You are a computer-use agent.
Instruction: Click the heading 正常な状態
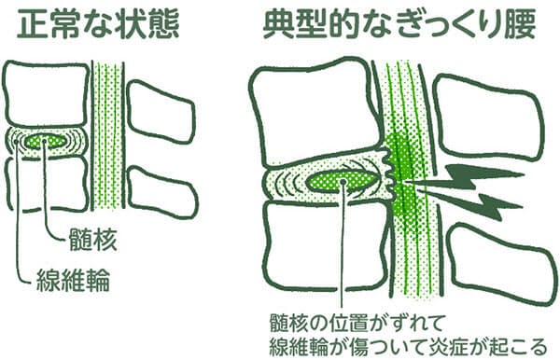(x=97, y=23)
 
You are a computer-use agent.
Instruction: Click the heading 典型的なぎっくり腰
(x=399, y=23)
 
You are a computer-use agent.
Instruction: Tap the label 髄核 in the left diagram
(x=92, y=239)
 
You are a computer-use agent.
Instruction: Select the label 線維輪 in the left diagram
(x=73, y=280)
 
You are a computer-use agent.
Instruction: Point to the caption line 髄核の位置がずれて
(x=357, y=323)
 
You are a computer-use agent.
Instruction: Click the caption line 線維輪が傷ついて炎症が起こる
(x=408, y=346)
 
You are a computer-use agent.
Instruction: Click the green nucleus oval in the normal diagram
(x=47, y=141)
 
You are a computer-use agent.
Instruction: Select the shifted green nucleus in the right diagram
(x=343, y=181)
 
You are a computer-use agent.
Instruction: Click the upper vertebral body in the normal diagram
(x=45, y=94)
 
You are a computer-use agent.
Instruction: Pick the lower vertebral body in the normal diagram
(x=48, y=184)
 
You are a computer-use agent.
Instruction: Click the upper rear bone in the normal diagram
(x=161, y=113)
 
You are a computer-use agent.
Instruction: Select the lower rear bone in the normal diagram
(x=162, y=193)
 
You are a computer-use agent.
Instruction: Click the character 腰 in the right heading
(x=521, y=23)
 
